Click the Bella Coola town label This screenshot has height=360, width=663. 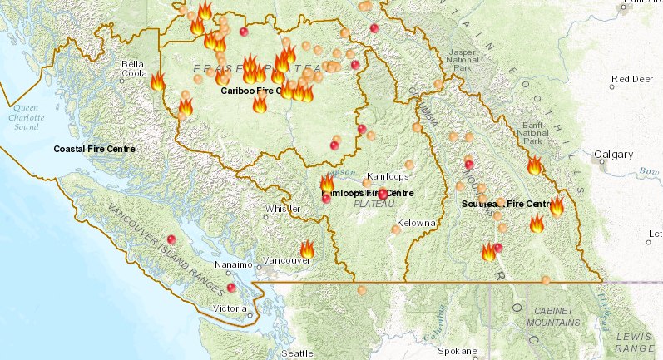133,68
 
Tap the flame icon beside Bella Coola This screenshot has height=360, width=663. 158,81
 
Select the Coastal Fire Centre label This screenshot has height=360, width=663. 94,149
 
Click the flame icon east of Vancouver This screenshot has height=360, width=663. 307,249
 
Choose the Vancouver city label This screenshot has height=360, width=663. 286,260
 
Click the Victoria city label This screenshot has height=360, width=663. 230,308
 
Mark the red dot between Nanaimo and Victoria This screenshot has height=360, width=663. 231,288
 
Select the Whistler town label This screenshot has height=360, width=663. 277,209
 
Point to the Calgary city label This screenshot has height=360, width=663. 614,155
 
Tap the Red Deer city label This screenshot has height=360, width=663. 630,80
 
